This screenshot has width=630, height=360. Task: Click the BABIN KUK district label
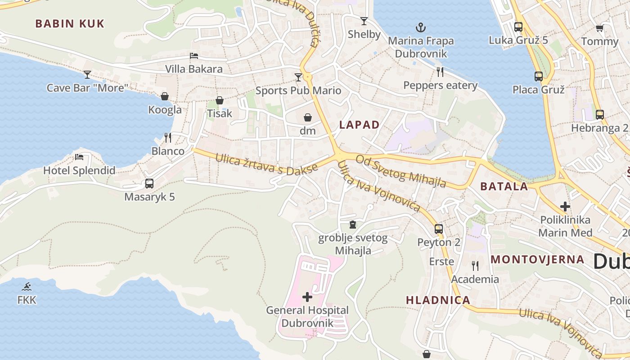point(70,24)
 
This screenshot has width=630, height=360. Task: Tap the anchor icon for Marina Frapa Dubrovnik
point(420,28)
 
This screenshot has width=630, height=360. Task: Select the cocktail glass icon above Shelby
point(364,21)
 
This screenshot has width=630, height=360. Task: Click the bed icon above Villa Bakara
point(194,56)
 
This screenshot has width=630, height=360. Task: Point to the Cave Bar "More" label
point(88,88)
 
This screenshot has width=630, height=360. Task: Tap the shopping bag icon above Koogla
point(165,96)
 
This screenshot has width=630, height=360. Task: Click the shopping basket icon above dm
point(308,118)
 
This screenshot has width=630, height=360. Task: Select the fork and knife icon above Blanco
point(168,137)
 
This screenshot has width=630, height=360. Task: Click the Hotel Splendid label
point(79,171)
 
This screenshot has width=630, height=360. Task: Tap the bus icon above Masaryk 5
point(149,184)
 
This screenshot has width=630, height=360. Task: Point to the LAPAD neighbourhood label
point(359,125)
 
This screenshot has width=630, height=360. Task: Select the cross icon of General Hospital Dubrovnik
point(307,297)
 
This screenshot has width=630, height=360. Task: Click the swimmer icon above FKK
point(27,287)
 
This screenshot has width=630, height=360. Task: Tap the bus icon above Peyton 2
point(439,229)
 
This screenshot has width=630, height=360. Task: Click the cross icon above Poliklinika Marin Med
point(565,207)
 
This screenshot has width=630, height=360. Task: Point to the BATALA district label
point(504,187)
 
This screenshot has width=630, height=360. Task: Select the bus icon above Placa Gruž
point(539,76)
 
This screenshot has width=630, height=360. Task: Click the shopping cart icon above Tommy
point(599,29)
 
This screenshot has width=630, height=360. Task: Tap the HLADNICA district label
point(438,300)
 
